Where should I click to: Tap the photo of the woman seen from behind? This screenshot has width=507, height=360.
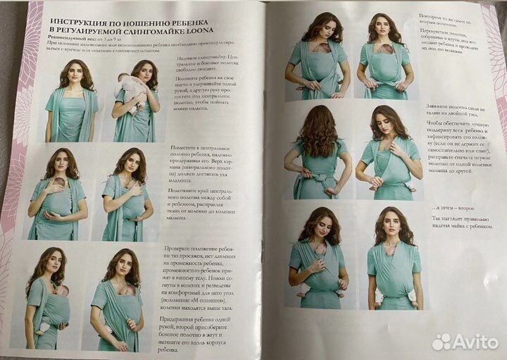[x=315, y=151]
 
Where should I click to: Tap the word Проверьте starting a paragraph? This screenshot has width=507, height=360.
[x=182, y=249]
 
